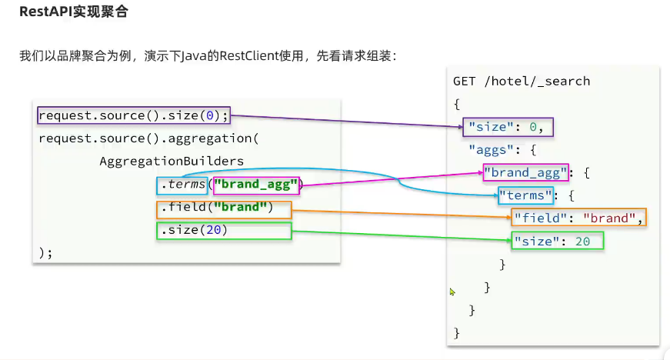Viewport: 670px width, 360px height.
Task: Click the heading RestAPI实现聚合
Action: click(x=74, y=12)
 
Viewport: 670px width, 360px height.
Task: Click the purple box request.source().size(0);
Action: click(x=134, y=116)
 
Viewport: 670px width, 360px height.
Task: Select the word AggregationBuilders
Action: click(x=172, y=162)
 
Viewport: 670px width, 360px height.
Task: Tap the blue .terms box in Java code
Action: click(x=182, y=185)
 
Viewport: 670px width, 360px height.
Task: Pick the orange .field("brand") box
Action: click(x=225, y=208)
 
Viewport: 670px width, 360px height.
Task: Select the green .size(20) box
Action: click(x=225, y=231)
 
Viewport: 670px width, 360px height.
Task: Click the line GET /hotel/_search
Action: click(x=521, y=81)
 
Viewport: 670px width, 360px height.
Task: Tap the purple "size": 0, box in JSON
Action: click(x=509, y=126)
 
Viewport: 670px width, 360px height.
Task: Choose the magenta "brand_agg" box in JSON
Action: click(x=526, y=172)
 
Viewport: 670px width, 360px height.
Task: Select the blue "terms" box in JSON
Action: click(x=526, y=195)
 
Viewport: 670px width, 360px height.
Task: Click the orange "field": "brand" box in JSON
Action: click(x=578, y=218)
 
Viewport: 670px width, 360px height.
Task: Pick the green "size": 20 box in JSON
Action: click(x=558, y=241)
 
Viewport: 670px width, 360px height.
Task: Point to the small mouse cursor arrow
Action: click(x=452, y=292)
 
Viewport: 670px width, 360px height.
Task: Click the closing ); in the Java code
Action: click(x=45, y=253)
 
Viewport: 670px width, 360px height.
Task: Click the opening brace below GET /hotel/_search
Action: click(x=457, y=103)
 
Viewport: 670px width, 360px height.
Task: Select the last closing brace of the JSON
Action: click(x=457, y=332)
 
